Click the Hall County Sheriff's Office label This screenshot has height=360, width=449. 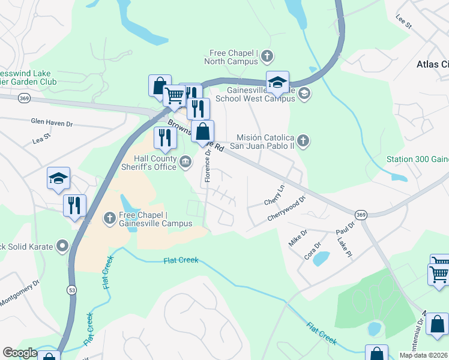[155, 163]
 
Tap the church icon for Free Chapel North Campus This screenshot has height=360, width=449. [267, 57]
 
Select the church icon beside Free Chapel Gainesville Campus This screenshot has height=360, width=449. [110, 218]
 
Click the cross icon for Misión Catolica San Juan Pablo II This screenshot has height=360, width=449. [303, 141]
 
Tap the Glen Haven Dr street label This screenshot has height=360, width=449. [52, 122]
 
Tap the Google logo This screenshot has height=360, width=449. [20, 353]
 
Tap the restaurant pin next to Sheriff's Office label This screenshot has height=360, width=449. [164, 138]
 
